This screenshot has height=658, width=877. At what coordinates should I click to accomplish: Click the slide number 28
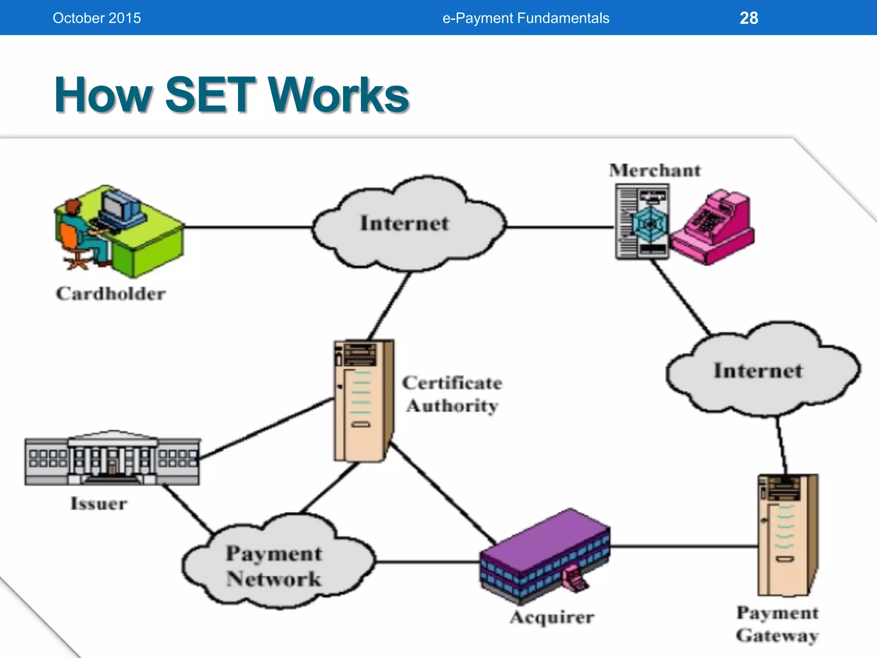pyautogui.click(x=749, y=18)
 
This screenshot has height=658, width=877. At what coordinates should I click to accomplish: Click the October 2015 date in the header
pyautogui.click(x=97, y=18)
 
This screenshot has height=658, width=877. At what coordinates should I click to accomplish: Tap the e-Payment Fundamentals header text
pyautogui.click(x=525, y=18)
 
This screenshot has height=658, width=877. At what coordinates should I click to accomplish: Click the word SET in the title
pyautogui.click(x=210, y=95)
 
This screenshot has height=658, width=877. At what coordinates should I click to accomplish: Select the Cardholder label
pyautogui.click(x=110, y=294)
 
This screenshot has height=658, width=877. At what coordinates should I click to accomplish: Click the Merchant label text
pyautogui.click(x=655, y=170)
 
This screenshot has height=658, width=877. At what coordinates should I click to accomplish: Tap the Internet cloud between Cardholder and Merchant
pyautogui.click(x=409, y=224)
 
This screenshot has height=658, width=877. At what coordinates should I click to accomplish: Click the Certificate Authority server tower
pyautogui.click(x=363, y=401)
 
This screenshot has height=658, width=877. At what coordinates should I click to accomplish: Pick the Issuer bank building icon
pyautogui.click(x=112, y=458)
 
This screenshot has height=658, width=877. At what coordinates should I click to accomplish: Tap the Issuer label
pyautogui.click(x=99, y=504)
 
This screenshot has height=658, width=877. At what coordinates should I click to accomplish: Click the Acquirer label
pyautogui.click(x=552, y=617)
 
